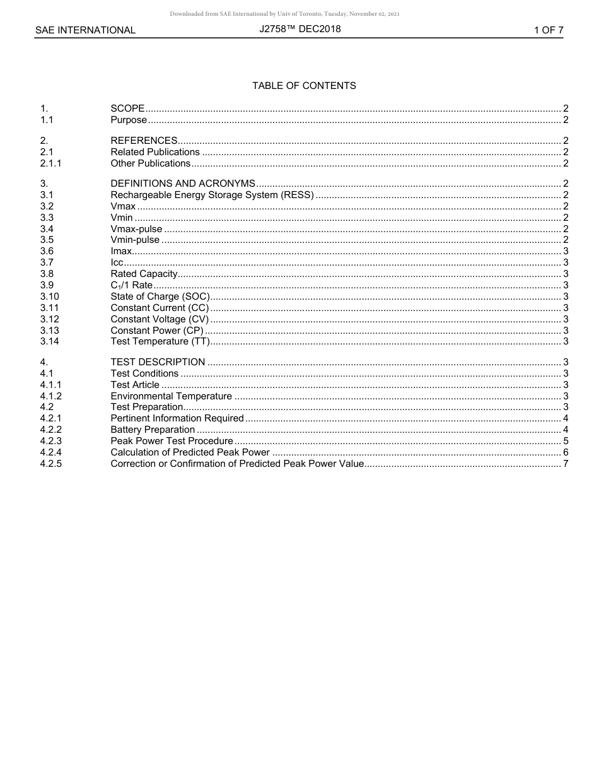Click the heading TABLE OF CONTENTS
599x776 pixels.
304,86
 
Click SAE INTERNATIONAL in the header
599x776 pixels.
85,30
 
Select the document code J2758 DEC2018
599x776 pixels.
299,29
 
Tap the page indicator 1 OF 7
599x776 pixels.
548,30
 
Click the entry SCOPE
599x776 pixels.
127,109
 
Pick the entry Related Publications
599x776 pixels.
155,152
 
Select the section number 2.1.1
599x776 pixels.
51,163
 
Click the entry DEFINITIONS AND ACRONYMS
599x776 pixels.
183,184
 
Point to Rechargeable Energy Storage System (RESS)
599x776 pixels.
212,195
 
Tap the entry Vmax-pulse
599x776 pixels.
136,229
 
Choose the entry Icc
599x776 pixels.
117,262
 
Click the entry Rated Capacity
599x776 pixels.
144,274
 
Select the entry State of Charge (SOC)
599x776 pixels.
160,297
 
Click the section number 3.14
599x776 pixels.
50,341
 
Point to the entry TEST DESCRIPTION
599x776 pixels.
158,362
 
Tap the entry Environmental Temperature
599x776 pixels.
172,396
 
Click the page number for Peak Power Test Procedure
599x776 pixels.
566,441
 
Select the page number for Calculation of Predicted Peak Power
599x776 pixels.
566,452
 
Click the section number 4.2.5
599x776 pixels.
51,464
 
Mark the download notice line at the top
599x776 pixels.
284,14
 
